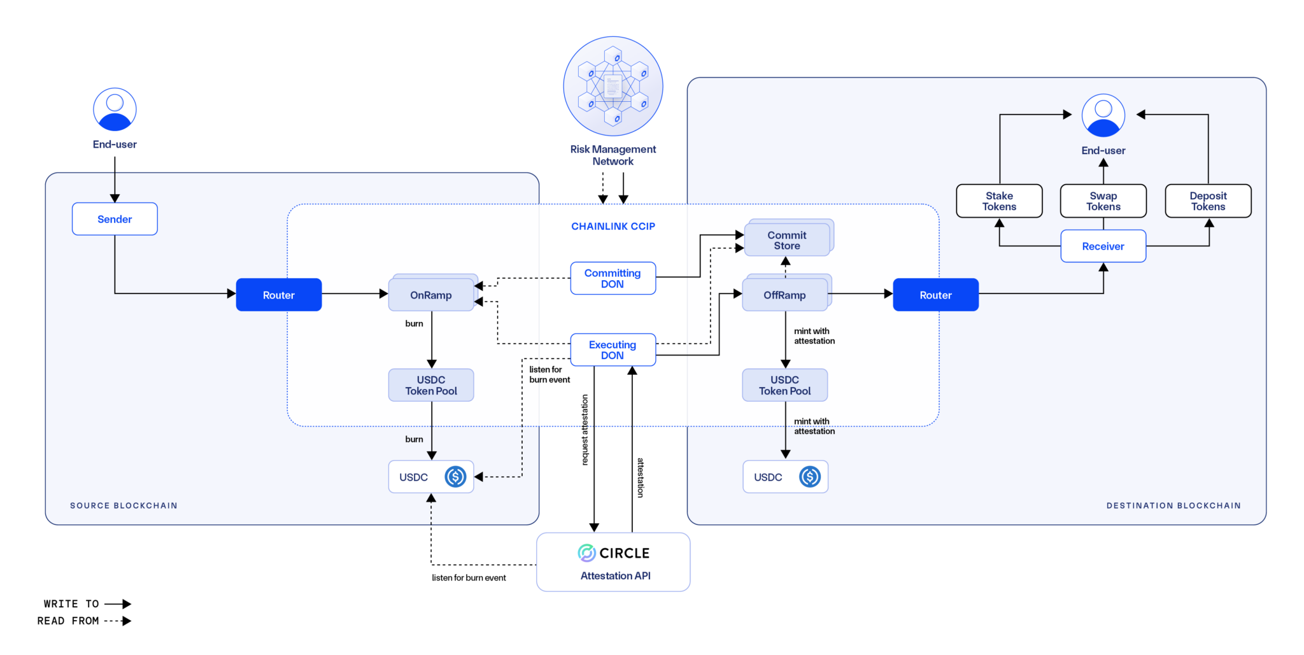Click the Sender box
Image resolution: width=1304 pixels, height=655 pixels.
pyautogui.click(x=115, y=219)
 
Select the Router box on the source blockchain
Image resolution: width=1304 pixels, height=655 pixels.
pyautogui.click(x=279, y=295)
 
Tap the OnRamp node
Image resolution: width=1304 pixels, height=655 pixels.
pyautogui.click(x=431, y=295)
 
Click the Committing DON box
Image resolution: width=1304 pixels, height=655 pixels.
pyautogui.click(x=613, y=278)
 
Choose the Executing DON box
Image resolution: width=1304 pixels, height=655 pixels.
pyautogui.click(x=613, y=349)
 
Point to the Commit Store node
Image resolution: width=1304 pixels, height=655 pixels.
pyautogui.click(x=787, y=240)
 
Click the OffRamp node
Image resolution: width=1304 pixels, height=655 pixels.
pyautogui.click(x=784, y=295)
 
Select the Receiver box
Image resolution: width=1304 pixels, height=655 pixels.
pyautogui.click(x=1103, y=246)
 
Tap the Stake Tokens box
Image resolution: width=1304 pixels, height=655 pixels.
pyautogui.click(x=999, y=201)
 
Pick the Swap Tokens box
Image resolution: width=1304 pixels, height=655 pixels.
pyautogui.click(x=1103, y=201)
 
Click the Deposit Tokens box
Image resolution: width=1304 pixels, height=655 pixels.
pyautogui.click(x=1208, y=201)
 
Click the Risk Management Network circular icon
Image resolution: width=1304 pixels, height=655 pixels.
pyautogui.click(x=613, y=86)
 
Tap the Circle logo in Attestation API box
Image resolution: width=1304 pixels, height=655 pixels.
pyautogui.click(x=586, y=553)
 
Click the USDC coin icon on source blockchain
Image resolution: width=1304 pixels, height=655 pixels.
pyautogui.click(x=455, y=477)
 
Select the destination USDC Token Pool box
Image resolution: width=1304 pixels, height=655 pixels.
pyautogui.click(x=784, y=385)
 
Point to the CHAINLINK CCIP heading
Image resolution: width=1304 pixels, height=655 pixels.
pyautogui.click(x=613, y=226)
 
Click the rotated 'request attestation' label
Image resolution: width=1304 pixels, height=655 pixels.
pyautogui.click(x=585, y=430)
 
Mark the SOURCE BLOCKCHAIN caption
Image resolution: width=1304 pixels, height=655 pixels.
pyautogui.click(x=124, y=505)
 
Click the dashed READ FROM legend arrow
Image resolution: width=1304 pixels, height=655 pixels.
pyautogui.click(x=118, y=621)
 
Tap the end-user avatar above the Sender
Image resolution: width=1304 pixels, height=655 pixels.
pyautogui.click(x=115, y=109)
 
